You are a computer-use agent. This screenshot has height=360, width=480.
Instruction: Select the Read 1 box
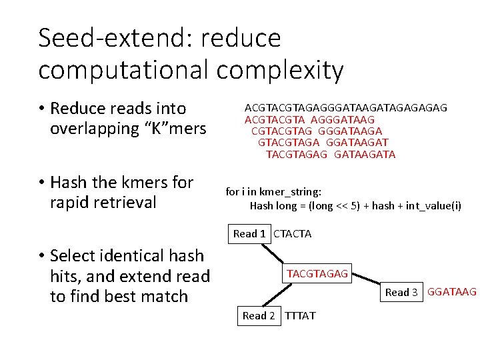click(249, 233)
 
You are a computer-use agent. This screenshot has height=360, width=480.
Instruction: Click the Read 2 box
click(259, 315)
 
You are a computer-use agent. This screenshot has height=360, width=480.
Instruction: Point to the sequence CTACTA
click(293, 233)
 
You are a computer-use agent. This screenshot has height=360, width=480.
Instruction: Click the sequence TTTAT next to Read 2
click(301, 315)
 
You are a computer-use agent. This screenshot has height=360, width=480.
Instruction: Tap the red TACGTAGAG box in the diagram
click(317, 274)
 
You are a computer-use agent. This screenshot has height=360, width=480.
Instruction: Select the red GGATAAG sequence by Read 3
click(451, 291)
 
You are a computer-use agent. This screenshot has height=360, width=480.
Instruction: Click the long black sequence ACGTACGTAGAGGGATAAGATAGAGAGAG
click(346, 107)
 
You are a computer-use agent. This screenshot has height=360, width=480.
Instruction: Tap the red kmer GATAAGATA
click(365, 154)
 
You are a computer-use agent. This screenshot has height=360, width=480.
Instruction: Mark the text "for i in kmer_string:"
click(273, 191)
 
